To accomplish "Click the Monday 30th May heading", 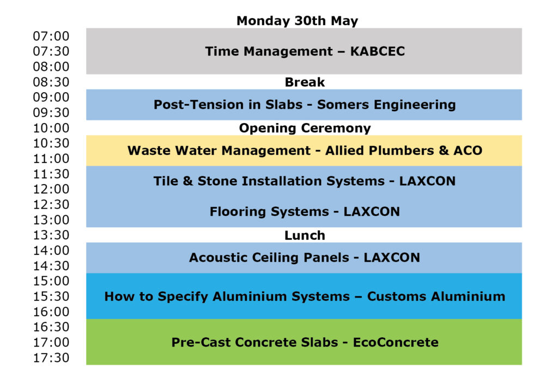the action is tap(297, 21).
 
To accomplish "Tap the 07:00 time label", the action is tap(51, 36).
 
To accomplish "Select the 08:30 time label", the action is tap(51, 82).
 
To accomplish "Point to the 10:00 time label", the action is tap(51, 128).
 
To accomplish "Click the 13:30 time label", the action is tap(51, 235).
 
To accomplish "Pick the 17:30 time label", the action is tap(51, 357).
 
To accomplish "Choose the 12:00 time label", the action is tap(51, 189).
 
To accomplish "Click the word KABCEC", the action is tap(378, 51).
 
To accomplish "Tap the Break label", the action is tap(305, 82).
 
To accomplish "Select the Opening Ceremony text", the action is tap(305, 128).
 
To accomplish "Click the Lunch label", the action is tap(305, 235).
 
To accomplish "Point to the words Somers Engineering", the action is tap(386, 105).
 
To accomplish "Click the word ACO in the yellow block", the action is tap(468, 150).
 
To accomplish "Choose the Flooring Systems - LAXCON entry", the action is tap(305, 212).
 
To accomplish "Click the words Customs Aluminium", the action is tap(436, 296).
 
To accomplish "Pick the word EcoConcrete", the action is tap(396, 342).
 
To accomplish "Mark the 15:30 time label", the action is tap(51, 296).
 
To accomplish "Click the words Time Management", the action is tap(269, 52).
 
